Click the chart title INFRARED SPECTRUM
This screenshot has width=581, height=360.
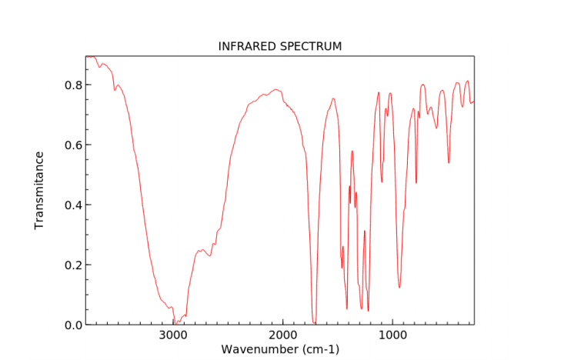point(280,47)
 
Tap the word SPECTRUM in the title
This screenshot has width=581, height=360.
point(313,47)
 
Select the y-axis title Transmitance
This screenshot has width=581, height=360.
point(39,190)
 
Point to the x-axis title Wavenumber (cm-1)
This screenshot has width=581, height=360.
point(280,349)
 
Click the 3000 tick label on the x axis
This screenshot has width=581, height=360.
point(173,335)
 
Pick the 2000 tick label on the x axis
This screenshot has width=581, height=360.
point(283,335)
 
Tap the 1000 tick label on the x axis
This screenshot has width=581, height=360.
point(392,335)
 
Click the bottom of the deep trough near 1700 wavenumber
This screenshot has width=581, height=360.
point(314,322)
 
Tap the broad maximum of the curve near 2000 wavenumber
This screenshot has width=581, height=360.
point(276,90)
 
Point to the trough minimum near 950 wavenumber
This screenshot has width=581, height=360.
point(399,288)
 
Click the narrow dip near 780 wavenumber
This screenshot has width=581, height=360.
point(416,183)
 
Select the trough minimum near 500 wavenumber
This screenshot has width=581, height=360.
point(449,163)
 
